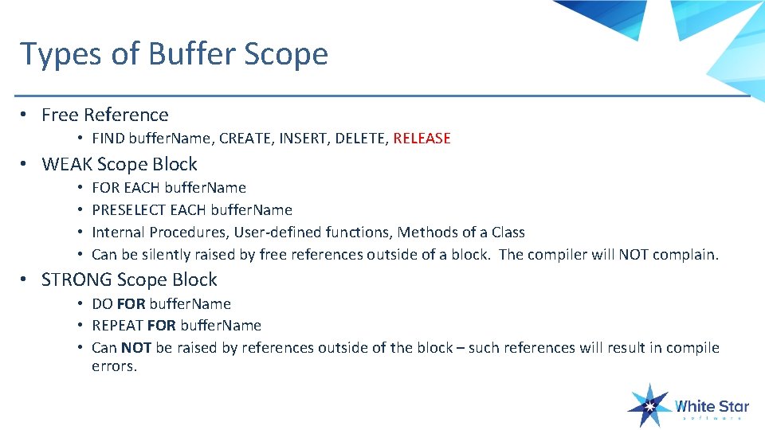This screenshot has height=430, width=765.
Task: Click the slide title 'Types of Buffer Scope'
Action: [x=174, y=54]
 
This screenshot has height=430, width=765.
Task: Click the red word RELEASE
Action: [x=422, y=139]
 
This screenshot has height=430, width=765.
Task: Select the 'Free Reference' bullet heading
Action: [x=104, y=115]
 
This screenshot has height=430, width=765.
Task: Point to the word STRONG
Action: [x=76, y=279]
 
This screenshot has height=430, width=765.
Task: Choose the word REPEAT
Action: [x=117, y=326]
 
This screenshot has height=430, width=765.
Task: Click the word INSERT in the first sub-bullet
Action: [x=307, y=139]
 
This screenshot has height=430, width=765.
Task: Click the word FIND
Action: [x=108, y=139]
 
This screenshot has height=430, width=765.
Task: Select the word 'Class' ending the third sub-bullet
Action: [x=508, y=233]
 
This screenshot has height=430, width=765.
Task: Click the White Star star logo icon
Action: [x=648, y=406]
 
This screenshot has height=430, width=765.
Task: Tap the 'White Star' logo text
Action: [x=712, y=406]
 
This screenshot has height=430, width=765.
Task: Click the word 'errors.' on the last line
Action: [x=115, y=367]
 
